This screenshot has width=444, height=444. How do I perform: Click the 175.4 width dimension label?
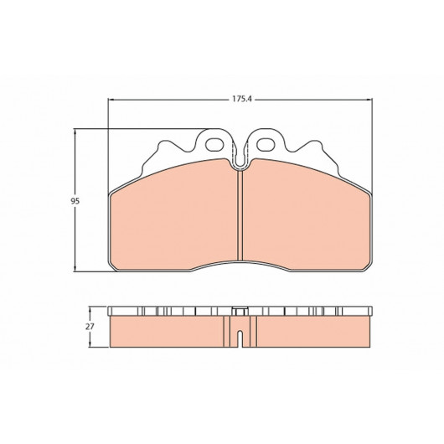pos(242,99)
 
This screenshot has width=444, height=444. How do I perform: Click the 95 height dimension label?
pos(75,201)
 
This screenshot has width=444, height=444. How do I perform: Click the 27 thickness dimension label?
pos(90,327)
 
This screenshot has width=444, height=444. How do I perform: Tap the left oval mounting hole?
pos(214,144)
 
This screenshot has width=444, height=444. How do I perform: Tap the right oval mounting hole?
pos(266,144)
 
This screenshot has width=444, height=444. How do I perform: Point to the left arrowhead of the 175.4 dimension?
pos(111,100)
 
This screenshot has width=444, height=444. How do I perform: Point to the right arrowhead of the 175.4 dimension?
pos(369,100)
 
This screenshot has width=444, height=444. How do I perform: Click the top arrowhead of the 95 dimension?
pos(75,132)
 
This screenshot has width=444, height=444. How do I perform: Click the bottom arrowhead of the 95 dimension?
pos(75,269)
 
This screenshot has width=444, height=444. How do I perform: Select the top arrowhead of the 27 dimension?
pos(90,310)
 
